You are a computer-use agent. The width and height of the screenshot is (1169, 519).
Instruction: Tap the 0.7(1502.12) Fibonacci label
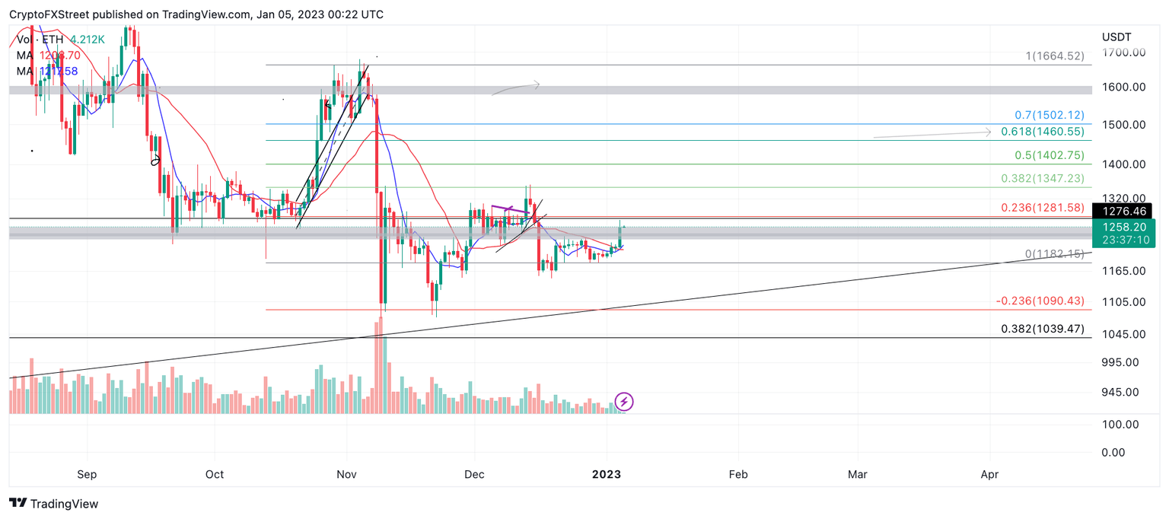(x=1050, y=115)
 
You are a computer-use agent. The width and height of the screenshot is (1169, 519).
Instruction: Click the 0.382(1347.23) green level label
(x=1042, y=179)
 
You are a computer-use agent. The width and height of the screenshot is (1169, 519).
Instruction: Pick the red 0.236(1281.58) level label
(x=1042, y=208)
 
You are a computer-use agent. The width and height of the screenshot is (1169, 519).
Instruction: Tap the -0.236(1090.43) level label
(x=1040, y=301)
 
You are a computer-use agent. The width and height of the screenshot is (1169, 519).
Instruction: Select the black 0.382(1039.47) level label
(x=1042, y=329)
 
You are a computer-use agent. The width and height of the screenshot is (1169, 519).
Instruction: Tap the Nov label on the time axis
(x=347, y=474)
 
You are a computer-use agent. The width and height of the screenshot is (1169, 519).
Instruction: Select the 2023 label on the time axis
(x=607, y=474)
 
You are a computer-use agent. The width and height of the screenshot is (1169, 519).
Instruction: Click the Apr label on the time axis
(x=989, y=474)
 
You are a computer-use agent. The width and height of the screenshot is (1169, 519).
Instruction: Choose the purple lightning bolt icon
(x=624, y=401)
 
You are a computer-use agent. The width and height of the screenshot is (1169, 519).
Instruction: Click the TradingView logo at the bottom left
(x=53, y=504)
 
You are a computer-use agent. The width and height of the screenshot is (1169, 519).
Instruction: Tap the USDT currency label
(x=1116, y=37)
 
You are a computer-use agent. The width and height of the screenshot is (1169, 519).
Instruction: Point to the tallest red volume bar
(x=377, y=370)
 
